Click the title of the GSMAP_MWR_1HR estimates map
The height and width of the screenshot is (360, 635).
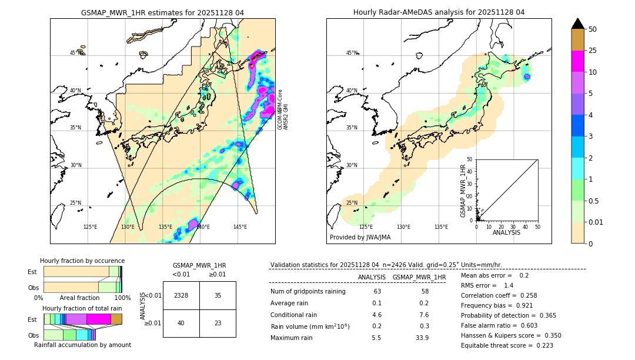tap(162, 12)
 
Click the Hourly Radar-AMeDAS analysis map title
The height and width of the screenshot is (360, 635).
tap(439, 12)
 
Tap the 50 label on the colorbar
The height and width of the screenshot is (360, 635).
tap(593, 29)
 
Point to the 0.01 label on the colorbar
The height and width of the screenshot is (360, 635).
tap(596, 222)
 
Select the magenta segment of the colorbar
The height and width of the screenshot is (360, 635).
tap(577, 61)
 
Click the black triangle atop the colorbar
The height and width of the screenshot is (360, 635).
tap(577, 24)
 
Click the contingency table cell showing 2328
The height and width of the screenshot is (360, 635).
tap(181, 295)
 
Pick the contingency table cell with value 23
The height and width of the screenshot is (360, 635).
tap(218, 323)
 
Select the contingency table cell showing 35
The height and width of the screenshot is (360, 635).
tap(218, 295)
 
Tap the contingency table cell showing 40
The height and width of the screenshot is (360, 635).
tap(181, 323)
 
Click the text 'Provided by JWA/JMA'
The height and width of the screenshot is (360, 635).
tap(360, 238)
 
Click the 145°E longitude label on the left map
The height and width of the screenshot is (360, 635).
tap(240, 227)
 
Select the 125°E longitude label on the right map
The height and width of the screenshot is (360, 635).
tap(366, 227)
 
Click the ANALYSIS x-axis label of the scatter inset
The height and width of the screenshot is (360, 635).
tap(507, 233)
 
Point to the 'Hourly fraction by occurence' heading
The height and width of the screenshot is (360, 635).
tap(82, 261)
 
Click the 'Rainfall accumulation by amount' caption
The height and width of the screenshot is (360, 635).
tap(82, 345)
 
